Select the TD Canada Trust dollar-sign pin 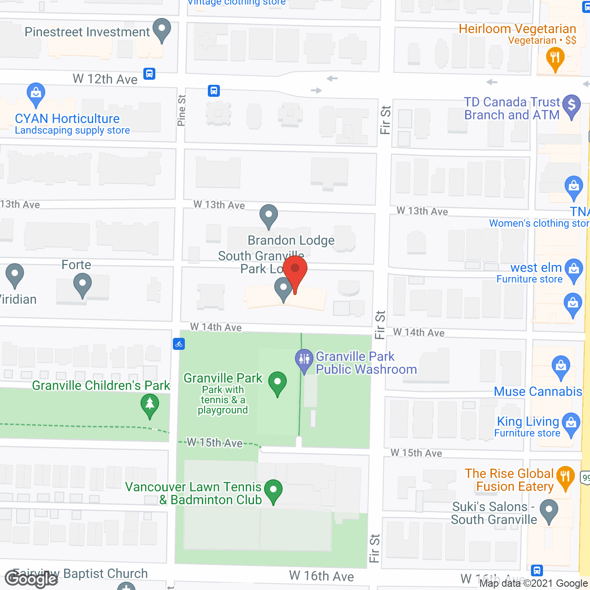tap(572, 106)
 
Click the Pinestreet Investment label tap(87, 32)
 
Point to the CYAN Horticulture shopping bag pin tap(35, 94)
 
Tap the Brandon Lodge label tap(291, 240)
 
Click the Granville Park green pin tap(277, 383)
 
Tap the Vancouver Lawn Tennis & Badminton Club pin tap(273, 490)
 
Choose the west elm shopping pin tap(574, 270)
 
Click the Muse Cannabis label tap(538, 391)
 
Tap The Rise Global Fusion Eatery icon tap(565, 477)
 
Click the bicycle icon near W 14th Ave tap(179, 343)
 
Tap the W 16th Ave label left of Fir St tap(321, 576)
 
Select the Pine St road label tap(181, 111)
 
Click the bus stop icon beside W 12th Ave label tap(149, 74)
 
